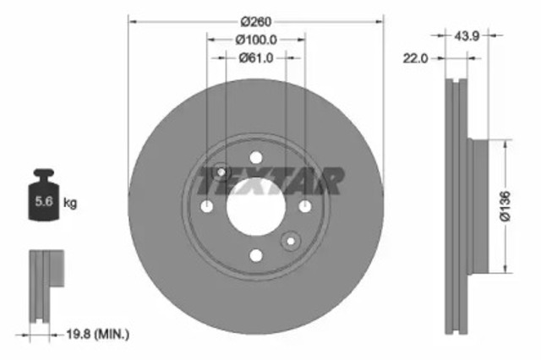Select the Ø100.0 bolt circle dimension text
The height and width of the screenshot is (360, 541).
click(256, 39)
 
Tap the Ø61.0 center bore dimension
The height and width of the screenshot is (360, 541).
click(256, 57)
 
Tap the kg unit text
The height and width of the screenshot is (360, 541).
click(72, 203)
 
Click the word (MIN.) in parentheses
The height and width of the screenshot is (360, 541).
click(117, 335)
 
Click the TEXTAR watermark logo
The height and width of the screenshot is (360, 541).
click(270, 180)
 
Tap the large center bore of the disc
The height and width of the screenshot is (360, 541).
click(256, 205)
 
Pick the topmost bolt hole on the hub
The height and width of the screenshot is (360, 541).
click(256, 157)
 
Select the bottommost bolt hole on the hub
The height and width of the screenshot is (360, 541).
click(256, 254)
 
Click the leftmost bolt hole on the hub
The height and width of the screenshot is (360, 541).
click(208, 205)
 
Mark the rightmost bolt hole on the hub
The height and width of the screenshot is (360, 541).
click(305, 205)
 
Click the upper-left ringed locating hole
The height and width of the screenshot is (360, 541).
click(221, 172)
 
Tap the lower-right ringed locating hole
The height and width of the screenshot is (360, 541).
click(291, 241)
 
